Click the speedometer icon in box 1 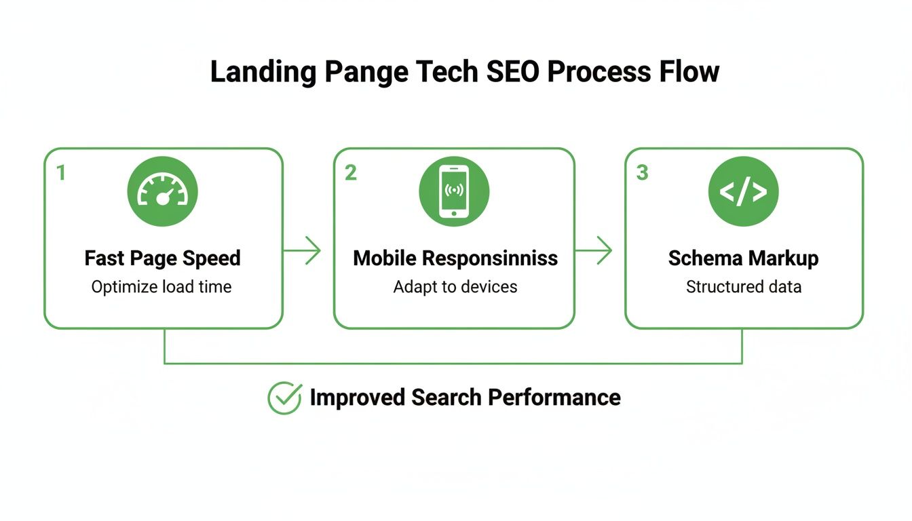tap(162, 191)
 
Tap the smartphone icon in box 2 tap(454, 191)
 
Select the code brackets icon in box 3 tap(743, 191)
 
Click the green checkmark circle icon tap(284, 398)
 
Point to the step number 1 tap(61, 173)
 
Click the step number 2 tap(350, 173)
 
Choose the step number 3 tap(642, 173)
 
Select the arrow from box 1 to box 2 tap(302, 251)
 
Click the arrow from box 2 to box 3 tap(594, 251)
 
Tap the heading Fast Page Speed tap(162, 258)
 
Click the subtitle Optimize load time tap(161, 287)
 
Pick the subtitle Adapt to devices tap(455, 287)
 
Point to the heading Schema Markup tap(743, 258)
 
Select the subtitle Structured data tap(743, 287)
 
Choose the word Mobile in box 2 tap(385, 258)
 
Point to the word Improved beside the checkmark tap(357, 398)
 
